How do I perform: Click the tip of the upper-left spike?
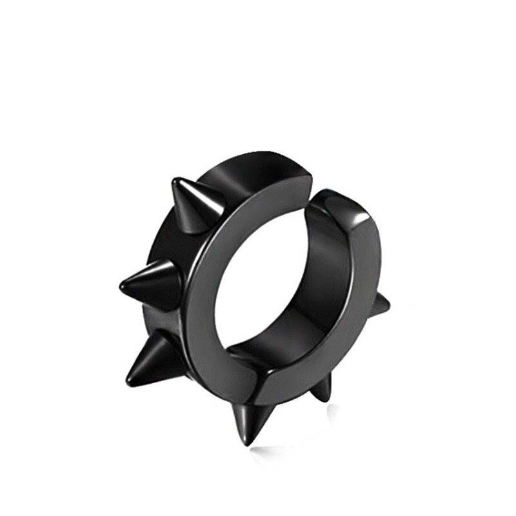[173, 181]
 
